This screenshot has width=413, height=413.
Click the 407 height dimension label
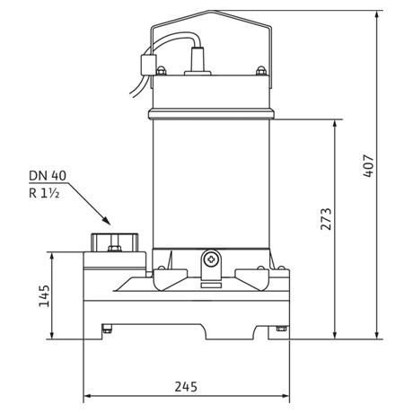point(368,166)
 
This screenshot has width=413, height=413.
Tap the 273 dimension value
point(326,219)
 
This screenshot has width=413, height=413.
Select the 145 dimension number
point(44,295)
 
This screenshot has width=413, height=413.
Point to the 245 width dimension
point(186,387)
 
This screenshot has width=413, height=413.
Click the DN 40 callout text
point(48,175)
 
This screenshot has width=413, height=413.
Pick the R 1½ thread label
point(44,193)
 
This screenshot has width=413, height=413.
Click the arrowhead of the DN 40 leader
point(107,221)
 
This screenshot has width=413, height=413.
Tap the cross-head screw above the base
point(211,259)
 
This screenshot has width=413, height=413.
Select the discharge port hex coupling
point(115,242)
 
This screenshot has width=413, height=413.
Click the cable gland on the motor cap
point(198,61)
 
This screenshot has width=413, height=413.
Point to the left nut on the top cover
point(161,71)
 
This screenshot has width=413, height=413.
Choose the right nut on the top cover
point(261,71)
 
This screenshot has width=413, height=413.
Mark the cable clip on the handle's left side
point(148,64)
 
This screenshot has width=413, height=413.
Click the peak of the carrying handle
point(211,11)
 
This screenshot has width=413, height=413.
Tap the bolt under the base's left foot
point(107,329)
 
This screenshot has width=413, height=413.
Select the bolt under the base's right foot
point(282,328)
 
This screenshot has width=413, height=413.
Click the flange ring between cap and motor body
point(211,114)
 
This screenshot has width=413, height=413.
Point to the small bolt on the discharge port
point(115,249)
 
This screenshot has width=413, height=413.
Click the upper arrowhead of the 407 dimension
point(377,14)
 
